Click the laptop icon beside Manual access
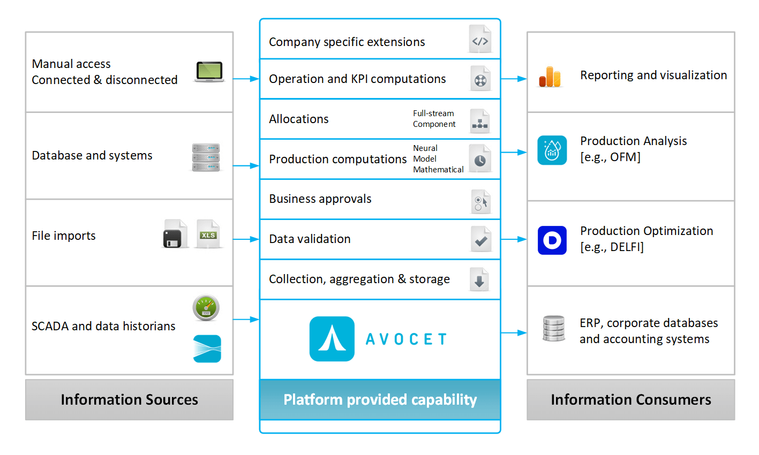(209, 72)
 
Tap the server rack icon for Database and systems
(206, 157)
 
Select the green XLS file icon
(208, 234)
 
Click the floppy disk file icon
(175, 234)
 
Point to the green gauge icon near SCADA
(206, 308)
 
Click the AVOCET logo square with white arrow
(332, 339)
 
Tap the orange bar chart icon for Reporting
(550, 77)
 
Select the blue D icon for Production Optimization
(552, 240)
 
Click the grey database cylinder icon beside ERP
(553, 328)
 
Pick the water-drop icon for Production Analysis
(552, 150)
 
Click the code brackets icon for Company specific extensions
(479, 40)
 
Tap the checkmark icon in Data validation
(480, 239)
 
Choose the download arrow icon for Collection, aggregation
(479, 279)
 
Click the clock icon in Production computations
(479, 159)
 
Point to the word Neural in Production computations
(425, 148)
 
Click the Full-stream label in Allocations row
(433, 113)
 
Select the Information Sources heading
(129, 399)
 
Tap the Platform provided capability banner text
(380, 399)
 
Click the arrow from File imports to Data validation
(246, 239)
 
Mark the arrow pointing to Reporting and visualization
(514, 79)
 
